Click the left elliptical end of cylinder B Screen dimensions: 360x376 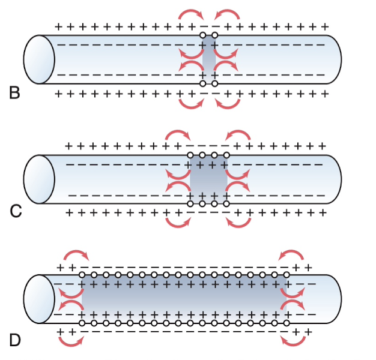(x=39, y=59)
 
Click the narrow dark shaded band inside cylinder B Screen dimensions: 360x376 (x=208, y=59)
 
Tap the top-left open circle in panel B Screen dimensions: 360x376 (x=203, y=35)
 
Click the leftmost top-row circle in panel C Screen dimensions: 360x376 (x=190, y=155)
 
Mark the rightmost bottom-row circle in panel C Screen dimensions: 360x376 (x=226, y=203)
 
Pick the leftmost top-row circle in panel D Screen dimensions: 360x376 (x=82, y=275)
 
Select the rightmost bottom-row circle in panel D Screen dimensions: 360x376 (x=287, y=323)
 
